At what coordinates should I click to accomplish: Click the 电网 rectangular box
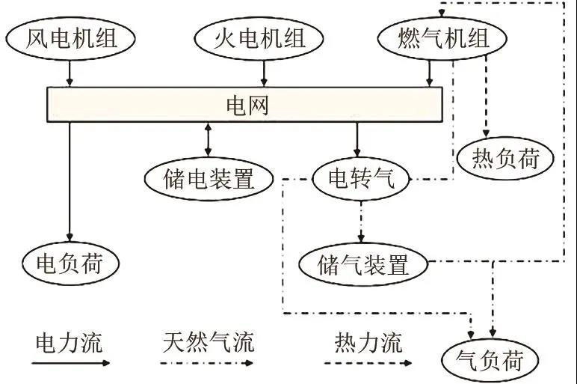click(x=245, y=104)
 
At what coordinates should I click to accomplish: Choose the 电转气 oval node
click(x=360, y=178)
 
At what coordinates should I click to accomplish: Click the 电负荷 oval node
click(x=70, y=263)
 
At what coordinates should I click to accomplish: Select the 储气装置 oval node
click(x=362, y=263)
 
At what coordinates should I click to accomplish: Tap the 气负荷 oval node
click(x=491, y=359)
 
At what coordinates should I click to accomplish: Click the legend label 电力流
click(x=69, y=343)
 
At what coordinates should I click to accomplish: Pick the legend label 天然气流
click(x=208, y=343)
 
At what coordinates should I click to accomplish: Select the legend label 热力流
click(x=368, y=343)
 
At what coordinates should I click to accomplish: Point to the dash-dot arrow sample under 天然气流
click(x=208, y=363)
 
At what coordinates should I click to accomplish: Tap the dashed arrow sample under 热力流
click(x=368, y=363)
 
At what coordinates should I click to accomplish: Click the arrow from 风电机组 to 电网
click(x=70, y=73)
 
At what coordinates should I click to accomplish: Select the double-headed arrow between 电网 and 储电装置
click(x=208, y=138)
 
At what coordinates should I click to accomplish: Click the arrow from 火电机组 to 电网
click(x=263, y=73)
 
